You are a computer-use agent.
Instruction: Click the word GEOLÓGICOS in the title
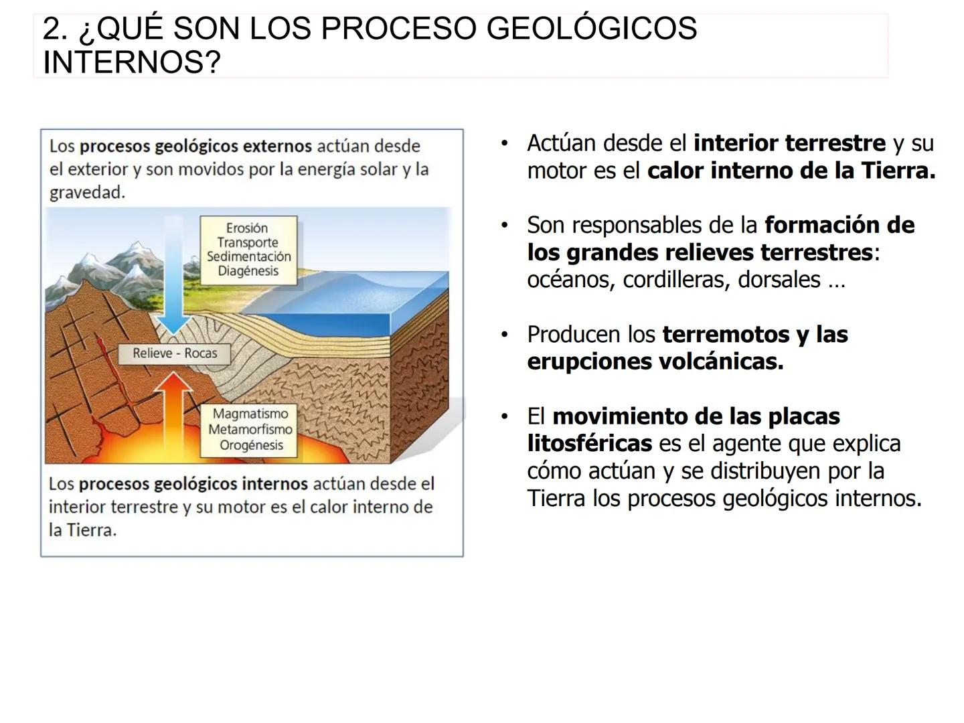click(591, 29)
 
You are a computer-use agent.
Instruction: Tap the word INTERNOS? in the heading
click(132, 63)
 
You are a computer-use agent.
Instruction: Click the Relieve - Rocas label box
click(175, 353)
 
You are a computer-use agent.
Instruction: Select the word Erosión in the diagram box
click(247, 228)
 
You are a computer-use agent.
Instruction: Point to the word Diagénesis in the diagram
click(248, 271)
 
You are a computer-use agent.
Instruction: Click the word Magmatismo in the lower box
click(250, 414)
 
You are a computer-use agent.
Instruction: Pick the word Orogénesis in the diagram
click(251, 445)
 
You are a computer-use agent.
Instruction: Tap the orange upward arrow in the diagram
click(175, 415)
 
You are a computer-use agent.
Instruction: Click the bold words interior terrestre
click(789, 143)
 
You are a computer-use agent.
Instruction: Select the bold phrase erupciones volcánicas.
click(655, 362)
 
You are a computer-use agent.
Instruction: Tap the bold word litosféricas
click(589, 444)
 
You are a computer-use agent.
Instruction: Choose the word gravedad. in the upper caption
click(87, 193)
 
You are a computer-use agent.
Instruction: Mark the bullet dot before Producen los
click(505, 334)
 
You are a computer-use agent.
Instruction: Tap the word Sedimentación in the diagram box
click(248, 257)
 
